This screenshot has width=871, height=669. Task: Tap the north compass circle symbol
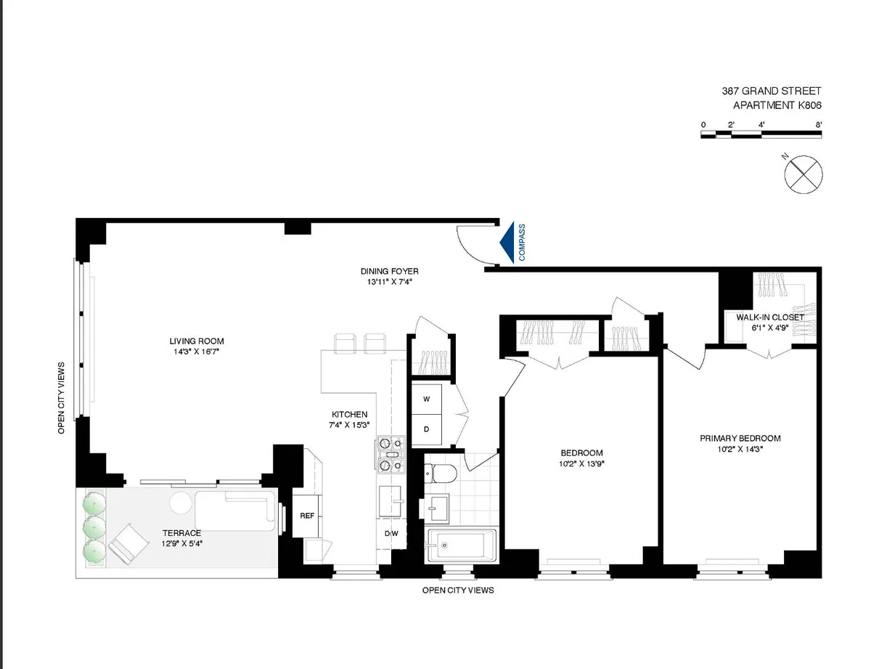[804, 174]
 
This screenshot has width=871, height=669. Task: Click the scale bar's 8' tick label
[818, 125]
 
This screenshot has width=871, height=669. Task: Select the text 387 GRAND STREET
[771, 91]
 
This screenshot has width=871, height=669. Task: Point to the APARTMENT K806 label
[777, 105]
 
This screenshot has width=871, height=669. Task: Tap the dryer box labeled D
[427, 429]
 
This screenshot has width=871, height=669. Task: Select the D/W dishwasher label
[392, 534]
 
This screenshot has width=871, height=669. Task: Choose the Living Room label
[197, 341]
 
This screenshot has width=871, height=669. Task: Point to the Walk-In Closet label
[769, 317]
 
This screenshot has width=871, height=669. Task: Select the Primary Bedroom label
[740, 438]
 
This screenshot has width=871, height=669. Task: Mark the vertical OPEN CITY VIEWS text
[62, 397]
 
